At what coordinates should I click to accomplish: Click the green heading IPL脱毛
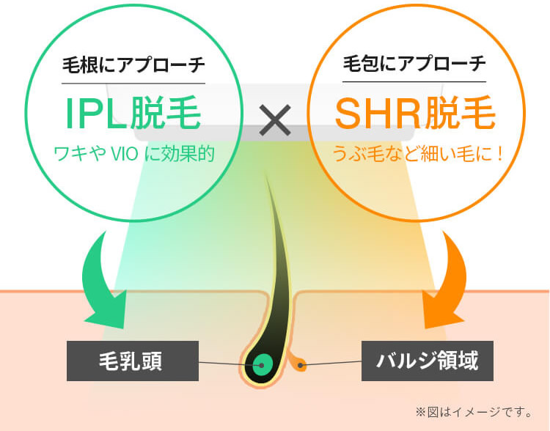133,113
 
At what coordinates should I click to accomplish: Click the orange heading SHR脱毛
415,113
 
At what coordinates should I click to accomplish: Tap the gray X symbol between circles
275,120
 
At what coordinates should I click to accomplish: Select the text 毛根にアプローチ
133,65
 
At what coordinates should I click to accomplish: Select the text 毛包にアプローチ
414,64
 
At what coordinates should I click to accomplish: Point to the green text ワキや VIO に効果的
134,154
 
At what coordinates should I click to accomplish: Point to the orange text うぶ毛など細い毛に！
417,154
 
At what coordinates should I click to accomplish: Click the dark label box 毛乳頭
133,361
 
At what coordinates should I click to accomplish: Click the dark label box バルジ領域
428,361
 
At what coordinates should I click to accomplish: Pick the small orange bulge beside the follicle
299,365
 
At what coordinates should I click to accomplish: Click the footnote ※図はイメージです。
474,412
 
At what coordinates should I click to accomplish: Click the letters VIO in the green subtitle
124,155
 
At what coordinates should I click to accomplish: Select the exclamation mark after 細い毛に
500,154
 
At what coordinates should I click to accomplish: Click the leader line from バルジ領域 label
330,363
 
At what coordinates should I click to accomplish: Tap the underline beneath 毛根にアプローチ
133,84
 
